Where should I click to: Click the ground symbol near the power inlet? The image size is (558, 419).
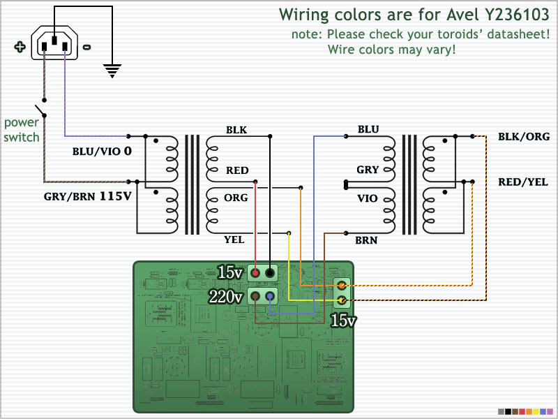pyautogui.click(x=112, y=71)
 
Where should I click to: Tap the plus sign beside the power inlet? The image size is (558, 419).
pyautogui.click(x=20, y=47)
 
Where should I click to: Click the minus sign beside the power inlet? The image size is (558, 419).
pyautogui.click(x=86, y=47)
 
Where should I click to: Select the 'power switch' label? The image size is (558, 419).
pyautogui.click(x=22, y=130)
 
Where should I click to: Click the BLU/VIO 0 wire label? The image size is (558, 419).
pyautogui.click(x=102, y=152)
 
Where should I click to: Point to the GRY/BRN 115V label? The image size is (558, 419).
pyautogui.click(x=88, y=196)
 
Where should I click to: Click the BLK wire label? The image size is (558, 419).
pyautogui.click(x=236, y=130)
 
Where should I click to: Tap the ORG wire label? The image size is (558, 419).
pyautogui.click(x=236, y=198)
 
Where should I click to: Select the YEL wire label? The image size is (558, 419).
pyautogui.click(x=234, y=240)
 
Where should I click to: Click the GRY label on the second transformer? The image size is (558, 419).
pyautogui.click(x=368, y=170)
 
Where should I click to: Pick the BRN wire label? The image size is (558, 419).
pyautogui.click(x=366, y=240)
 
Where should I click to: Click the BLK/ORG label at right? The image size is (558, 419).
pyautogui.click(x=524, y=136)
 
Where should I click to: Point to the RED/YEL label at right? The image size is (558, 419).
pyautogui.click(x=522, y=182)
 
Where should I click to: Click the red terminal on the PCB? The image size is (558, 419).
pyautogui.click(x=255, y=273)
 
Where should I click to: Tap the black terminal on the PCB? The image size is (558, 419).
pyautogui.click(x=270, y=273)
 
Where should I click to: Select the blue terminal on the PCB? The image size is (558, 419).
pyautogui.click(x=270, y=296)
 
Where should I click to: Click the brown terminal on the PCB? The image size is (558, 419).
pyautogui.click(x=255, y=296)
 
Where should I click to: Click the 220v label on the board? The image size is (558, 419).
pyautogui.click(x=225, y=296)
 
